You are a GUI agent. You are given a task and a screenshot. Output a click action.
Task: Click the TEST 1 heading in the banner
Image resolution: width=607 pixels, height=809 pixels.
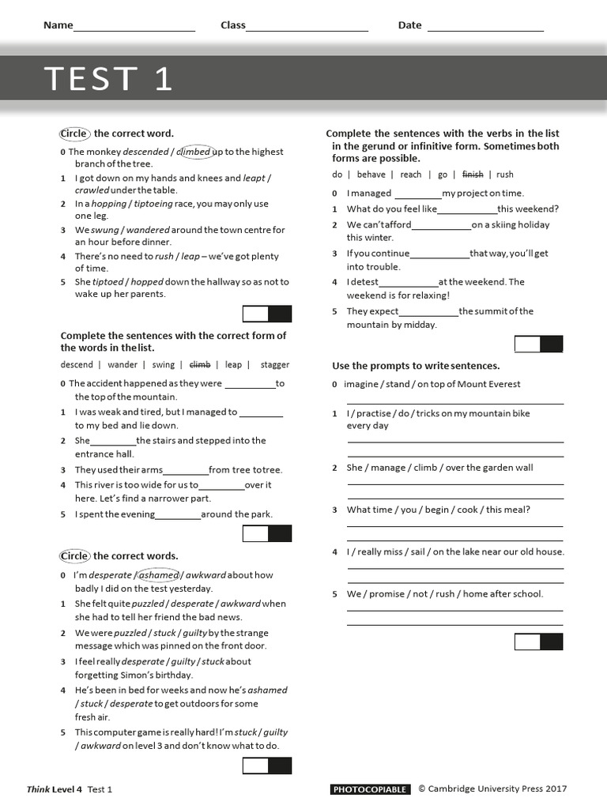pyautogui.click(x=108, y=79)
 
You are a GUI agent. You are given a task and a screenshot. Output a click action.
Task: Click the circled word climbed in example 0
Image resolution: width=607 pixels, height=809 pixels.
pyautogui.click(x=194, y=152)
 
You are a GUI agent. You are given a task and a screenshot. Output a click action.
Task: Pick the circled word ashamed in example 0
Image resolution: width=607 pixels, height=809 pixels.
pyautogui.click(x=158, y=575)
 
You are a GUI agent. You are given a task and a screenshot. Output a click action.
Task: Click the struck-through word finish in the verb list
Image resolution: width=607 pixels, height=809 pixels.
pyautogui.click(x=473, y=175)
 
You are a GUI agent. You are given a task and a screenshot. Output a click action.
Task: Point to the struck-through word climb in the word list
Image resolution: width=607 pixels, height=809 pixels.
pyautogui.click(x=200, y=365)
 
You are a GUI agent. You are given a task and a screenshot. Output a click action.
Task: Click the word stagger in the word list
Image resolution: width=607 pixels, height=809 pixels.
pyautogui.click(x=275, y=365)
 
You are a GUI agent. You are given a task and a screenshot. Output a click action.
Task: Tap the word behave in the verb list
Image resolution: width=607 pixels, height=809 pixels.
pyautogui.click(x=371, y=175)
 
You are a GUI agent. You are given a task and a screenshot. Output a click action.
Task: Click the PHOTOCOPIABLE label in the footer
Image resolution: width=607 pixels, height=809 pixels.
pyautogui.click(x=370, y=789)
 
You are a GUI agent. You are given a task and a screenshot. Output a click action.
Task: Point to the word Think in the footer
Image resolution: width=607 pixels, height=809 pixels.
pyautogui.click(x=38, y=789)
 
